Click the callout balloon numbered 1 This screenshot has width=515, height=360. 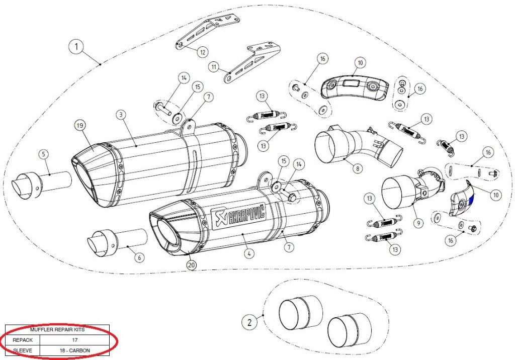pyautogui.click(x=76, y=48)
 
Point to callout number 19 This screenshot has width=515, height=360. pyautogui.click(x=79, y=125)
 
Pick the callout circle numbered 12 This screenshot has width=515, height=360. pyautogui.click(x=202, y=51)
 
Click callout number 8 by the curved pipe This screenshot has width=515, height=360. pyautogui.click(x=357, y=168)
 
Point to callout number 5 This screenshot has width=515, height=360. pyautogui.click(x=44, y=153)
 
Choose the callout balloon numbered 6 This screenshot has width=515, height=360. pyautogui.click(x=140, y=257)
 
